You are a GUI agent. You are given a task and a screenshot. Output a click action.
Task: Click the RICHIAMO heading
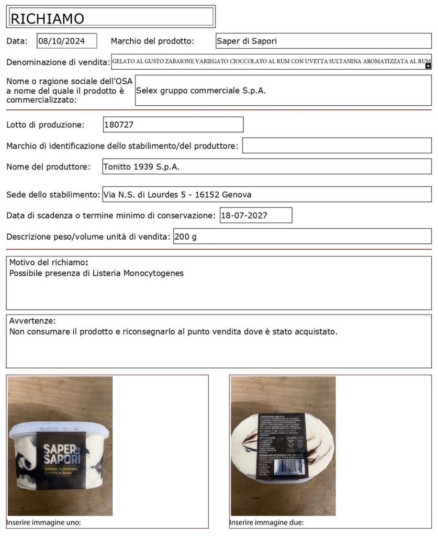pos(47,18)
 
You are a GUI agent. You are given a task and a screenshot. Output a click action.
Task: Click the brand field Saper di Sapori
pos(247,41)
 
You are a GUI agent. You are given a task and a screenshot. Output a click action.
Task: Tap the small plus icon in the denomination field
pos(428,66)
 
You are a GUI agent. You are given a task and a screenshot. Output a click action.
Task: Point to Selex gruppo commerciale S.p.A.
pos(201,90)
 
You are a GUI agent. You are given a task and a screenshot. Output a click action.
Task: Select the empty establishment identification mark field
pos(336,146)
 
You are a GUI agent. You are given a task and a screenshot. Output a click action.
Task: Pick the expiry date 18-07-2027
pos(242,215)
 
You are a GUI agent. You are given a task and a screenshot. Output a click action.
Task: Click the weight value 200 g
pos(186,237)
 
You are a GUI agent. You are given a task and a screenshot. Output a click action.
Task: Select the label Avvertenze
pos(32,321)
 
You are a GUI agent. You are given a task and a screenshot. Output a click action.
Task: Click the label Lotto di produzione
pos(45,125)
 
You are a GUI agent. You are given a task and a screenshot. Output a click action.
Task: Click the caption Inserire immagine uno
pos(43,522)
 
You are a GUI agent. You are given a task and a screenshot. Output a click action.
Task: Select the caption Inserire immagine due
pos(266,522)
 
